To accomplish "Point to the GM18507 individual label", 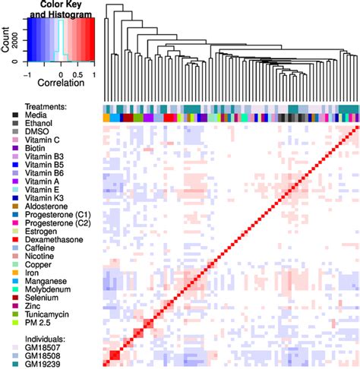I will pyautogui.click(x=44, y=345).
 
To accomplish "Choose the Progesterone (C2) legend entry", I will pyautogui.click(x=58, y=219).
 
